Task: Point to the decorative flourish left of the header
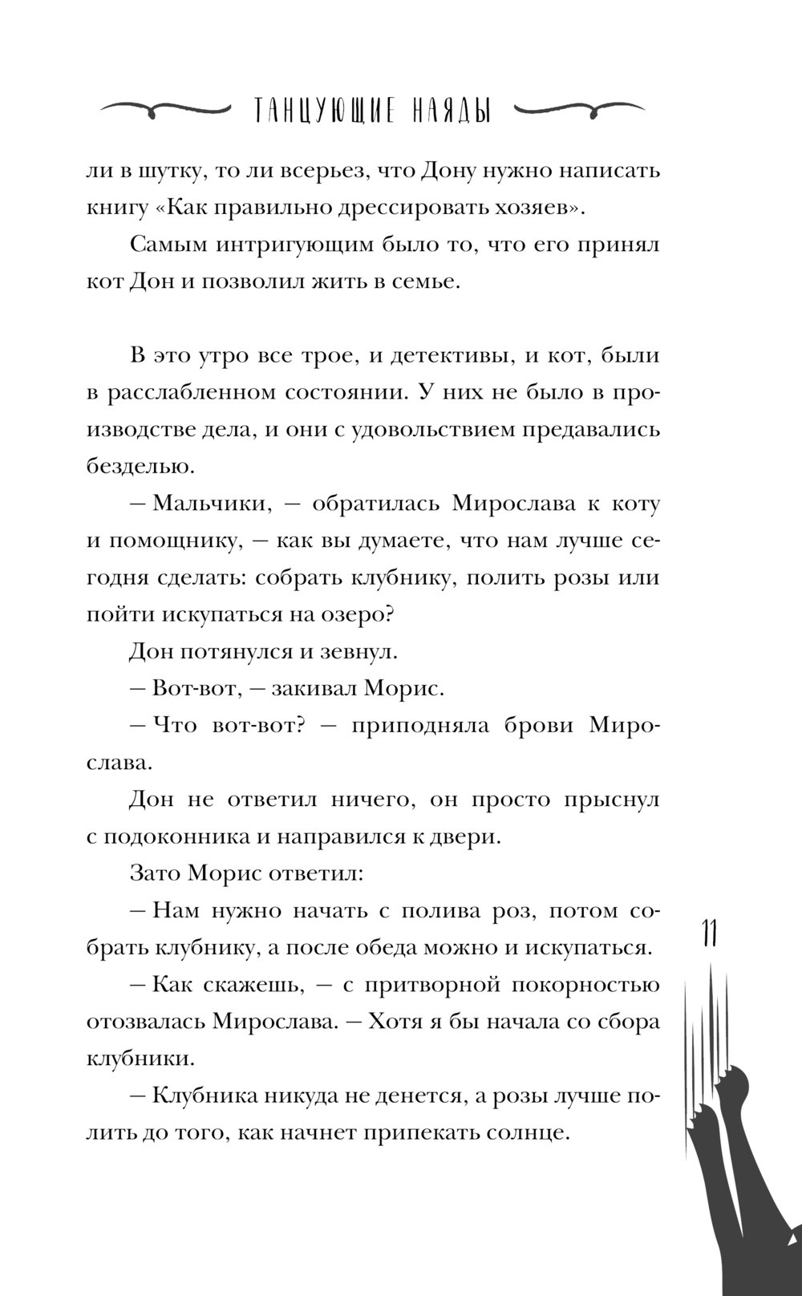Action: click(165, 109)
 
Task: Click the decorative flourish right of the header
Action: click(578, 109)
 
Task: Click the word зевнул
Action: click(358, 651)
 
